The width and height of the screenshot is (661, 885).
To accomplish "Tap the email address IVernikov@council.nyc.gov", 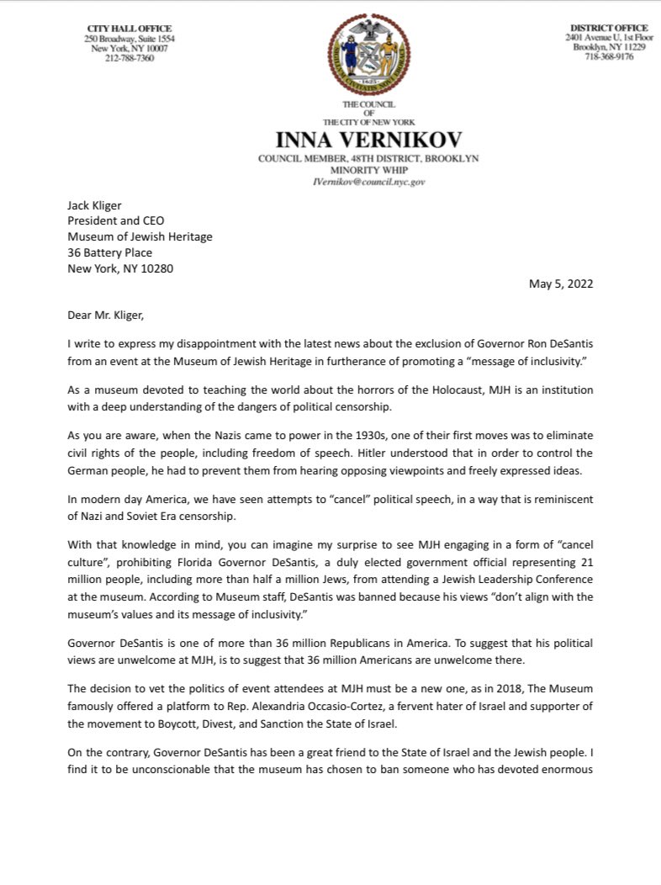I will coord(369,181).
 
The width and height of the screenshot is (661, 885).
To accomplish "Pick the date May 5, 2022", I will coord(561,284).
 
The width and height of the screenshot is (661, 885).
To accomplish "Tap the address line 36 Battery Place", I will coord(109,252).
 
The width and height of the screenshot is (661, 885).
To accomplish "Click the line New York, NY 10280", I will coord(121,268).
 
